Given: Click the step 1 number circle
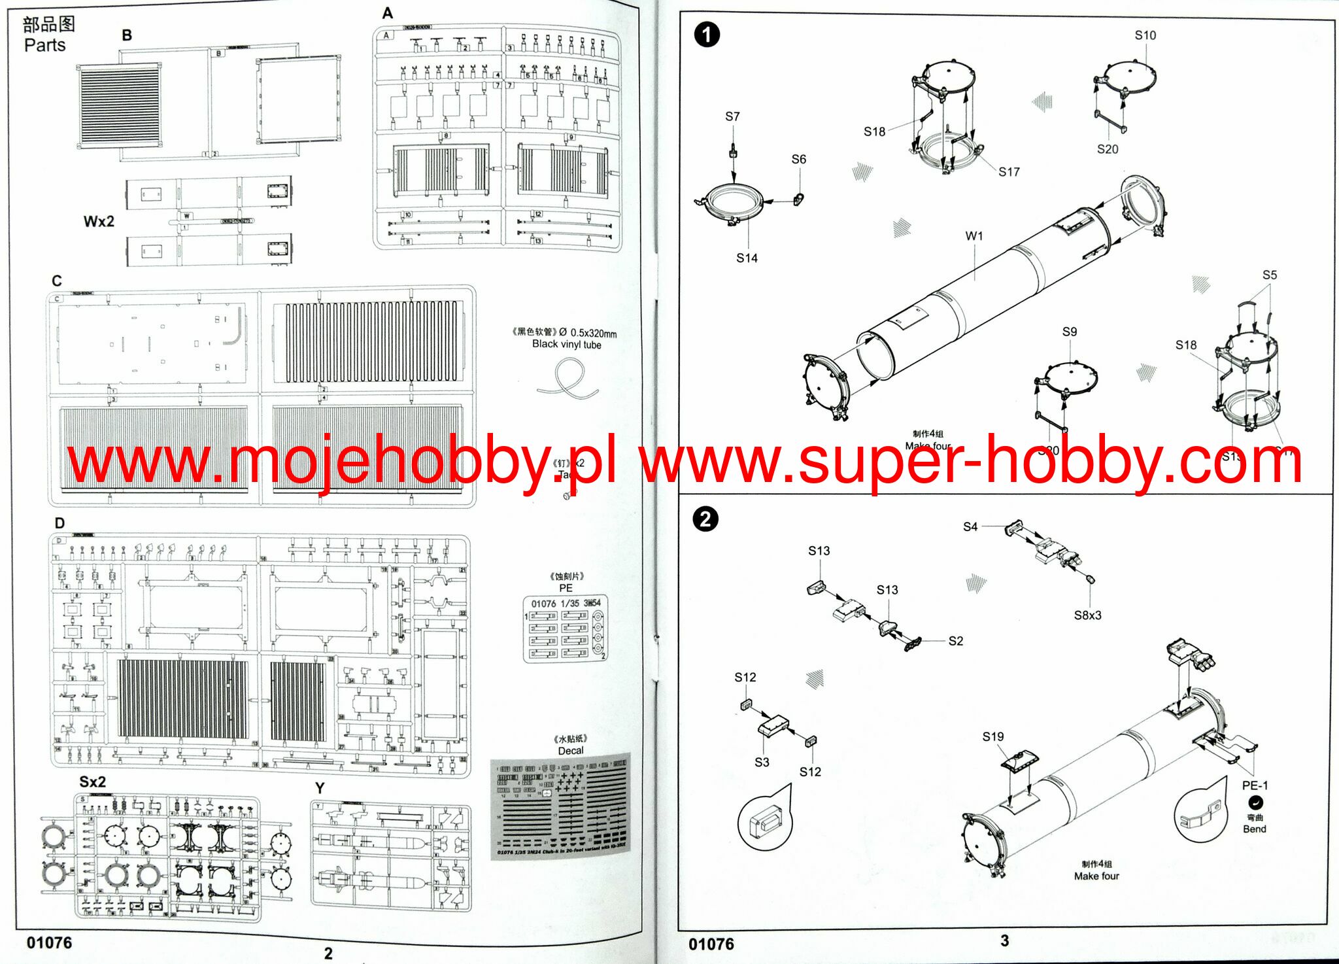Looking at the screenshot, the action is tap(706, 35).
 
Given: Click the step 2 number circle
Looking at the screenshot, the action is tap(705, 520).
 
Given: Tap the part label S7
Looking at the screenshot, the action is tap(732, 116).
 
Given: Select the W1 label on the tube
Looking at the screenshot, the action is tap(974, 235).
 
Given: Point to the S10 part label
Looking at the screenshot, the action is tap(1145, 35).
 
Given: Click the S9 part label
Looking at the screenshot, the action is tap(1069, 332).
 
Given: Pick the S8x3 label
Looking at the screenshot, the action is tap(1087, 615).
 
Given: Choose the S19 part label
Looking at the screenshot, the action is tap(992, 736).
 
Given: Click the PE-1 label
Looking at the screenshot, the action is tap(1255, 785).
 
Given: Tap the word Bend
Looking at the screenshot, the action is tap(1254, 829).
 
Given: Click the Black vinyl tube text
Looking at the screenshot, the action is tap(566, 344).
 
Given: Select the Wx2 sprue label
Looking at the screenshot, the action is tap(99, 221).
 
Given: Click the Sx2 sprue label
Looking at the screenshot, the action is tap(92, 782).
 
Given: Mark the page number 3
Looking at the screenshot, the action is tap(1004, 940).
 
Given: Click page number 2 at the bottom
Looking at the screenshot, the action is tap(328, 954).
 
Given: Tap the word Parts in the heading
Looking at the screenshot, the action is tap(44, 45).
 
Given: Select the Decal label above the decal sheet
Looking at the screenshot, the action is tap(570, 750).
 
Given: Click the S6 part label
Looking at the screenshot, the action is tap(798, 159).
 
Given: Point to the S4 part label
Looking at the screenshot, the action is tap(970, 526).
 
